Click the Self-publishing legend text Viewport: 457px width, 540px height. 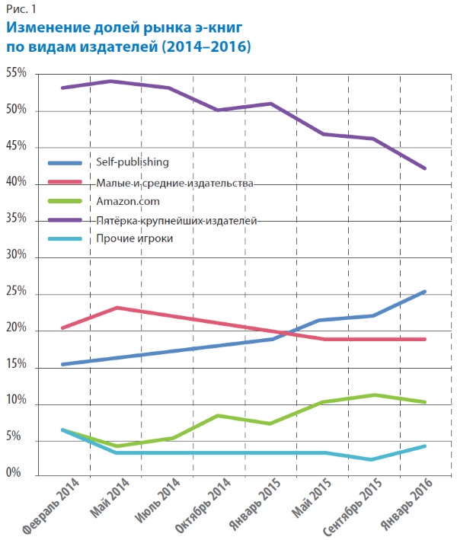click(132, 162)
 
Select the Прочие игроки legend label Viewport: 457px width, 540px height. click(135, 238)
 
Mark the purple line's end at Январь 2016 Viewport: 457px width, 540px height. click(424, 168)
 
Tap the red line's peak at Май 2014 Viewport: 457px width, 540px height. click(115, 308)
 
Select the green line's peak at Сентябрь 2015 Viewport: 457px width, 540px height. click(373, 395)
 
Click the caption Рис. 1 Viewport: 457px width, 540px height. click(21, 9)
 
